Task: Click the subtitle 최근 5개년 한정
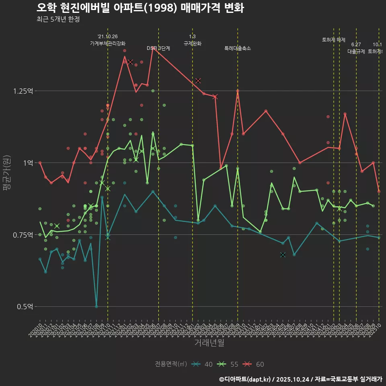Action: pyautogui.click(x=58, y=19)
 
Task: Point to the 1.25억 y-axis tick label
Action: pyautogui.click(x=23, y=91)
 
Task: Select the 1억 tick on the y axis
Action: pyautogui.click(x=28, y=163)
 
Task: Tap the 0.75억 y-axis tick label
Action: pyautogui.click(x=23, y=235)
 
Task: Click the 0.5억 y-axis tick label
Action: pyautogui.click(x=25, y=306)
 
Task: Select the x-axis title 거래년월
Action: pyautogui.click(x=209, y=343)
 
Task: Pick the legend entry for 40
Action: pyautogui.click(x=203, y=364)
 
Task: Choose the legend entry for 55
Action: pyautogui.click(x=229, y=364)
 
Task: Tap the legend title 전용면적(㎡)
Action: pyautogui.click(x=171, y=364)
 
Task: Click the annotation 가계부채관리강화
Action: pyautogui.click(x=108, y=43)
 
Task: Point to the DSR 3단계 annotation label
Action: pyautogui.click(x=158, y=48)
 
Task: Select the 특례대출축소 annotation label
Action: pyautogui.click(x=238, y=48)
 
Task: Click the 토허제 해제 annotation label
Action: pyautogui.click(x=334, y=40)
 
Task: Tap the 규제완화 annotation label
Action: pyautogui.click(x=192, y=43)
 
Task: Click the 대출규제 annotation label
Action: pyautogui.click(x=356, y=51)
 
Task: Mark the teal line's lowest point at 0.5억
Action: pyautogui.click(x=96, y=306)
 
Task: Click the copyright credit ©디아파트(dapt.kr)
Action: pyautogui.click(x=247, y=379)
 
